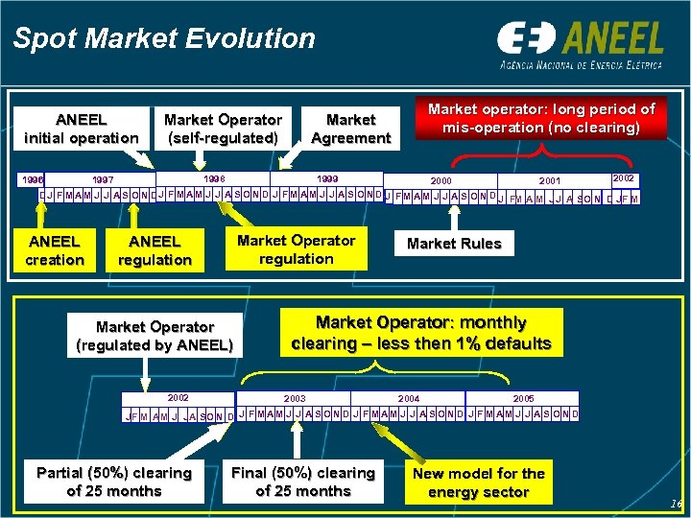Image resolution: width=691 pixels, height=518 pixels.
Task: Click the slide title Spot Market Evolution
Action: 164,38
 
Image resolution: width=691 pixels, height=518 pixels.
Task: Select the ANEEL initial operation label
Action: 82,129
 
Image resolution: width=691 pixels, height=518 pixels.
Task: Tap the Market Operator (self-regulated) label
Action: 223,129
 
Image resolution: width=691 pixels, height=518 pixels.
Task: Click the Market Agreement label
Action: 350,129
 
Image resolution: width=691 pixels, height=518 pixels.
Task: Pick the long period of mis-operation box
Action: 541,118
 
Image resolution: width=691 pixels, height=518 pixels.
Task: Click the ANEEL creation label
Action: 55,250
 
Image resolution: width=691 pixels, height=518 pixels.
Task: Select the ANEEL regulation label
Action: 155,250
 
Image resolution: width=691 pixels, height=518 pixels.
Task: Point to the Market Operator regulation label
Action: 297,249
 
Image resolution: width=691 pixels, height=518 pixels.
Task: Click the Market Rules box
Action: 454,244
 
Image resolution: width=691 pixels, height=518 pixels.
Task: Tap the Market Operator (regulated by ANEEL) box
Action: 155,336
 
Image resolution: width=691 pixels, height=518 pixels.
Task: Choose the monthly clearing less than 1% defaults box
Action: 421,333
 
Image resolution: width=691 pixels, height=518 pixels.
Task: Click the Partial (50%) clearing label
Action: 113,482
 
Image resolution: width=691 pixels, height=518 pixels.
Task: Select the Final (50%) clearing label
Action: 303,482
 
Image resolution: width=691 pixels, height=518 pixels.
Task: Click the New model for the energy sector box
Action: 479,483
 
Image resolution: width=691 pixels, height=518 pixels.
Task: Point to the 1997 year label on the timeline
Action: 102,180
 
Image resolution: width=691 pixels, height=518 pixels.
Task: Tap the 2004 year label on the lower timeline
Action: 409,398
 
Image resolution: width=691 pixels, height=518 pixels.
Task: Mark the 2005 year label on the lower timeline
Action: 523,398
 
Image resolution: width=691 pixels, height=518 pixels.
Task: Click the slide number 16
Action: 675,505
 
